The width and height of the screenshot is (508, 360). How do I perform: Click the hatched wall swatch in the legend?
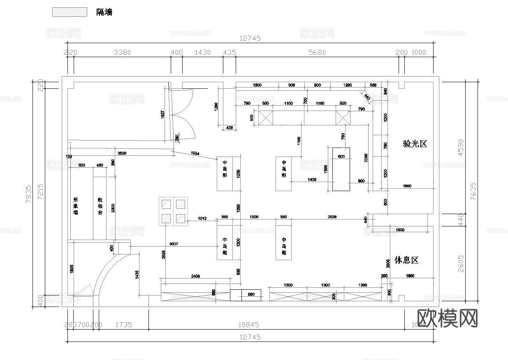tap(70, 12)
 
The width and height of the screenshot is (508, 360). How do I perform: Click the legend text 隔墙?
tap(104, 12)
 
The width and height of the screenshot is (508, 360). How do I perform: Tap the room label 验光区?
tap(415, 144)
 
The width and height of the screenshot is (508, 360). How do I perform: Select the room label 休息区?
tap(406, 260)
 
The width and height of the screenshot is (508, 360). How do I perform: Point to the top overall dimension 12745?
tap(250, 38)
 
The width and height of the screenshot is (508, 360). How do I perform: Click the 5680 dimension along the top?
tap(317, 52)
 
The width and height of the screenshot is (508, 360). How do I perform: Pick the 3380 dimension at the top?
tap(122, 52)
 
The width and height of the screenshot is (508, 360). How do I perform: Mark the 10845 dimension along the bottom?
tap(249, 324)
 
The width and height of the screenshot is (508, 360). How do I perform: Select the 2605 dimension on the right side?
tap(461, 263)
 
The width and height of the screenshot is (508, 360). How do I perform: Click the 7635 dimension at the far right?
tap(473, 191)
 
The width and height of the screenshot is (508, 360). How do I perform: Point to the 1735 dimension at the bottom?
tap(124, 324)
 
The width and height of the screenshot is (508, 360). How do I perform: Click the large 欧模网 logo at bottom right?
tap(448, 318)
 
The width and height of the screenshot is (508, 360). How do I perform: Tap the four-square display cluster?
tap(174, 211)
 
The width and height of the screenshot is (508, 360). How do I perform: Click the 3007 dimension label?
tap(174, 244)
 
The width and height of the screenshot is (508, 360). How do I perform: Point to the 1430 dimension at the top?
tap(202, 52)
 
